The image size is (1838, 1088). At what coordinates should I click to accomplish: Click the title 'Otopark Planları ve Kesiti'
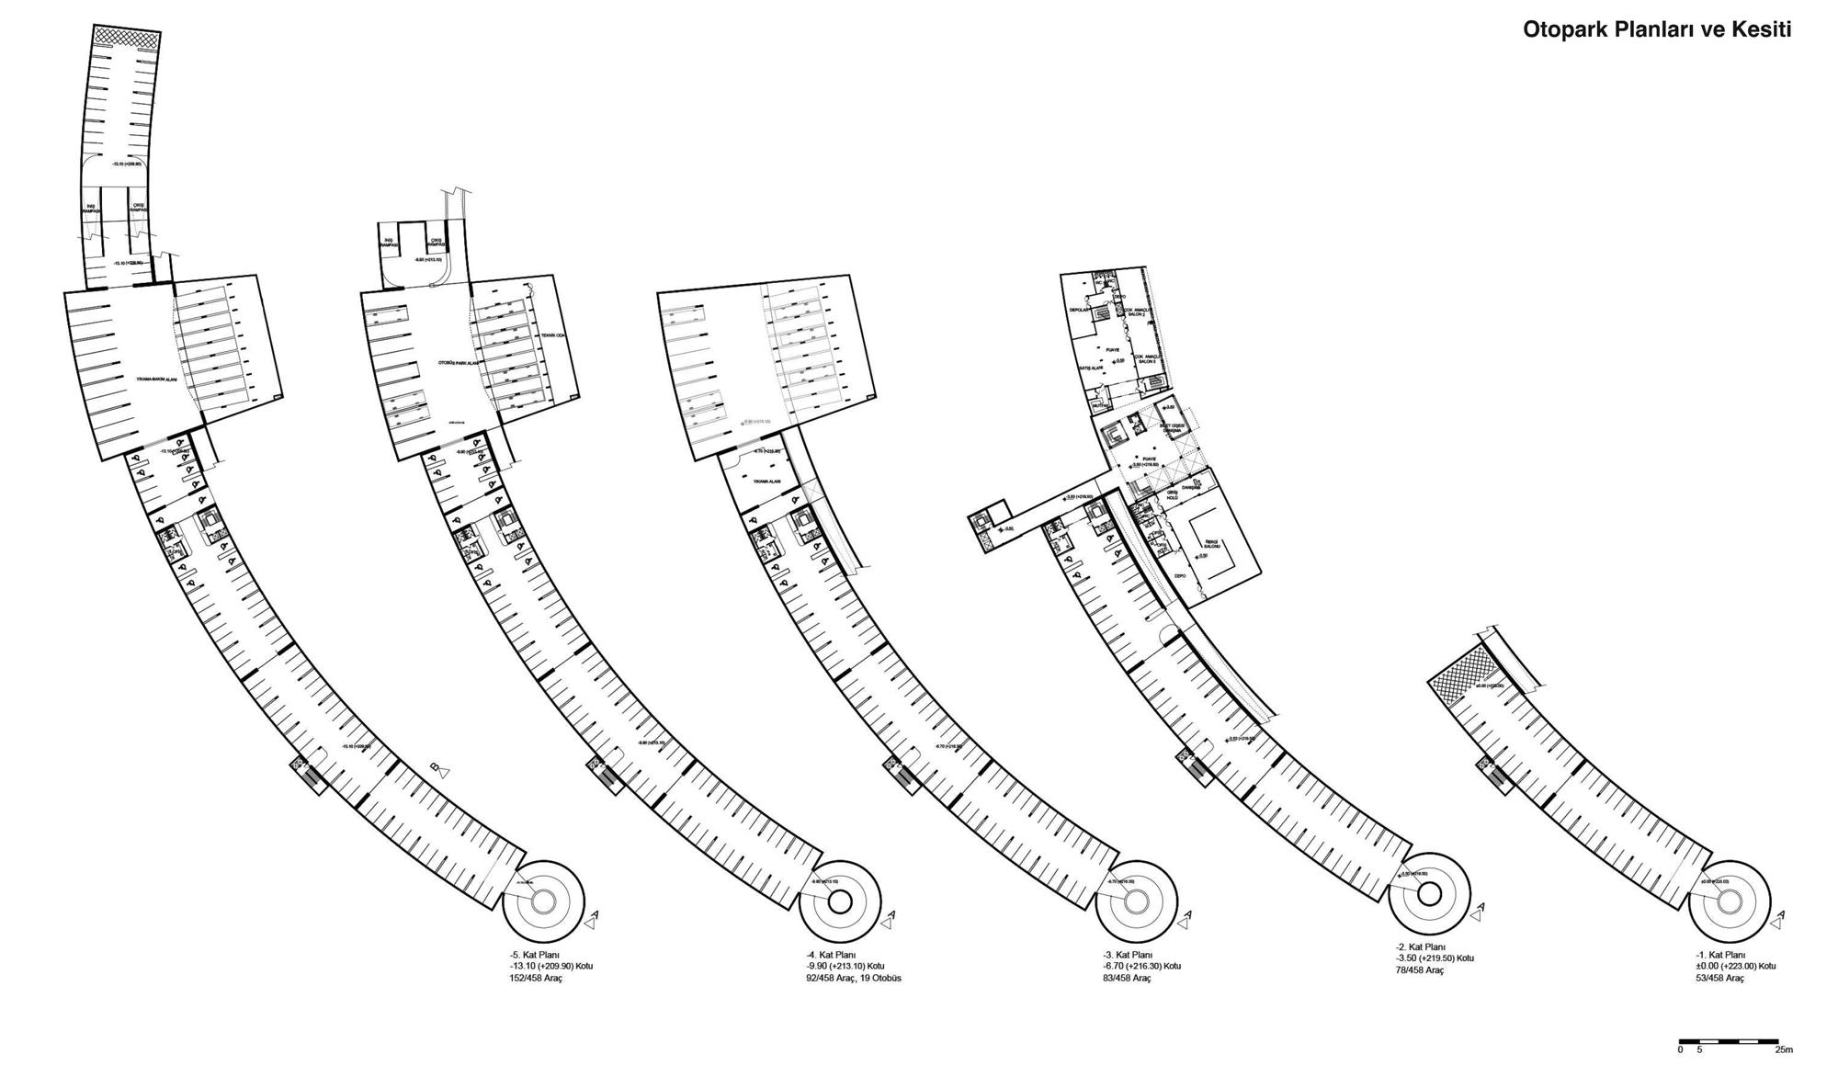click(1657, 29)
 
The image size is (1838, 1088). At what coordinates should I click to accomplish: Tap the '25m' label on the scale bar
click(1784, 1049)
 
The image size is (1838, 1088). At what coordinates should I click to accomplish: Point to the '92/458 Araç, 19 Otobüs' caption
click(853, 979)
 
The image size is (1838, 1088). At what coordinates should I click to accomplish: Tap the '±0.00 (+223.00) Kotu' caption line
click(1736, 967)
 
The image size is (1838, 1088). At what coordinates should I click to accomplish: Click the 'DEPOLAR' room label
click(1079, 311)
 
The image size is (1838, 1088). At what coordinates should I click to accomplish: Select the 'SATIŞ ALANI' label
click(1091, 368)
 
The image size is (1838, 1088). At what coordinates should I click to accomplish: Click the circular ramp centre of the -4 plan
click(839, 902)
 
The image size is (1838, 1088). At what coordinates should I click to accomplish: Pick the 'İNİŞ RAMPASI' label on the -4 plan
click(388, 244)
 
